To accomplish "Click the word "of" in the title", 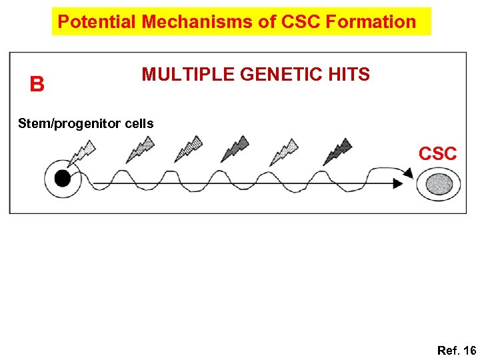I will (x=267, y=21).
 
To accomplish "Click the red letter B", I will (x=37, y=85).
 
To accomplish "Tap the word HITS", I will (x=350, y=75).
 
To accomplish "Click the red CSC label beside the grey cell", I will (x=437, y=153).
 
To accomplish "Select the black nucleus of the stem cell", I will (x=62, y=178).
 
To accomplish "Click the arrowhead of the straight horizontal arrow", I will (x=399, y=184).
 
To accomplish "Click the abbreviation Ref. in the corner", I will (x=448, y=350).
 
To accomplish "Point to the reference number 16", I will (x=469, y=350).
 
